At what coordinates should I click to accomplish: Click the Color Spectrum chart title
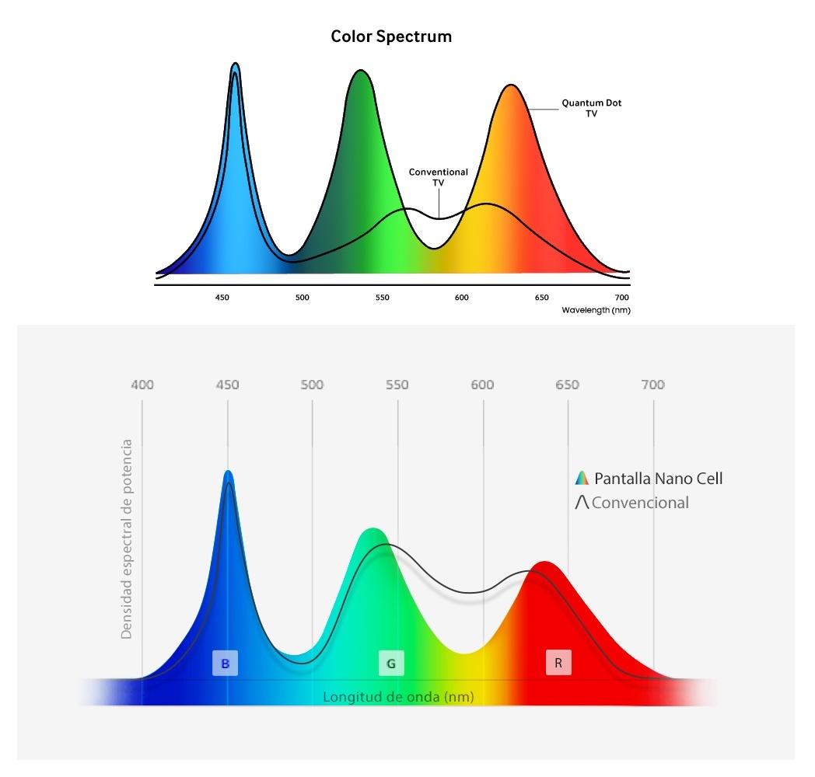[x=391, y=37]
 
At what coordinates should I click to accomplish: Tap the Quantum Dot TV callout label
[x=591, y=108]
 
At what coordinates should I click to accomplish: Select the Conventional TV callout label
[x=439, y=177]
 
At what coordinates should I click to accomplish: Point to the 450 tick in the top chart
[x=222, y=298]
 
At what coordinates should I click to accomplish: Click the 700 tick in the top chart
[x=621, y=298]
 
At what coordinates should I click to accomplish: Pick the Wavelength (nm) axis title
[x=595, y=310]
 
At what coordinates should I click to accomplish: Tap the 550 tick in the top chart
[x=381, y=298]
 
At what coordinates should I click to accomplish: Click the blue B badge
[x=225, y=664]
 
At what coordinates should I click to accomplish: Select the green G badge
[x=391, y=664]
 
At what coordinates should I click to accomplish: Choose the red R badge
[x=558, y=664]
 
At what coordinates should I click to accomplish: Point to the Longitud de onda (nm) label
[x=398, y=697]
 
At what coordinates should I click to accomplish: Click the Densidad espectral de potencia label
[x=127, y=539]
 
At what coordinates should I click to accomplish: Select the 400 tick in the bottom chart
[x=142, y=385]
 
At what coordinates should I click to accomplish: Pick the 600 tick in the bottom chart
[x=483, y=385]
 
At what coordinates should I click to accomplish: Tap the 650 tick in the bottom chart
[x=568, y=385]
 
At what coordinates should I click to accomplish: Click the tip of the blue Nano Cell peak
[x=228, y=472]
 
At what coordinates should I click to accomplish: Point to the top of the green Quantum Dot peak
[x=359, y=71]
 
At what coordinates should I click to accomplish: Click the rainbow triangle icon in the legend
[x=581, y=479]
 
